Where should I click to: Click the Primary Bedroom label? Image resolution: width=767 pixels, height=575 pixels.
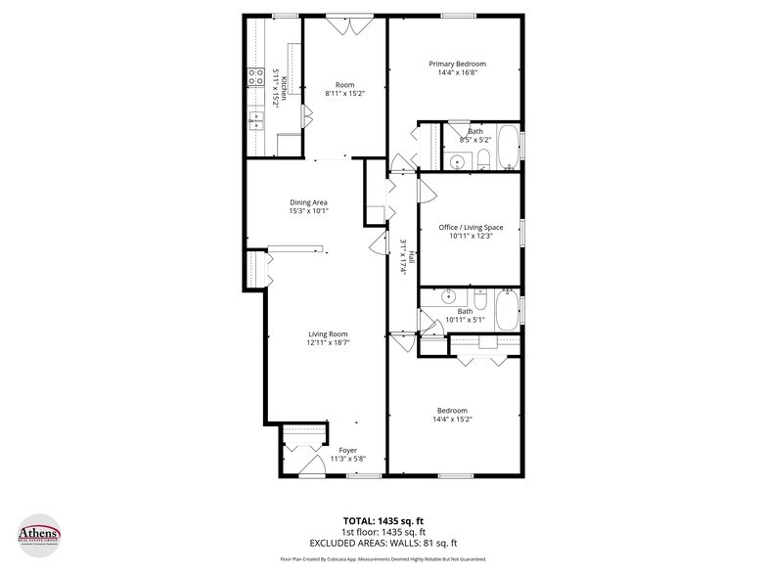tap(457, 64)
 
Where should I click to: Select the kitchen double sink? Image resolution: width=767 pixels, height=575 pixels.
tap(257, 121)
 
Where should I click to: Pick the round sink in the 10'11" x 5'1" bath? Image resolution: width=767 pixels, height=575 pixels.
tap(449, 296)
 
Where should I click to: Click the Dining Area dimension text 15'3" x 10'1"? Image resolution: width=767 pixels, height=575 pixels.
tap(308, 210)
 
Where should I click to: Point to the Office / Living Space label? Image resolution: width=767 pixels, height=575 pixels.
tap(471, 227)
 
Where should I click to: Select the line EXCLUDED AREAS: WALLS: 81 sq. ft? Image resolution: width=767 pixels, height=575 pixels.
tap(383, 543)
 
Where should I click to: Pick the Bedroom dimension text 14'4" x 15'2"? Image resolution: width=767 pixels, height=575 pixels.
tap(452, 419)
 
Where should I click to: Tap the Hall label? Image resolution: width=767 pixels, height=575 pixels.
tap(411, 258)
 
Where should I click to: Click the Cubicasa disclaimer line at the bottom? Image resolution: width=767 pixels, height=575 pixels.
tap(383, 560)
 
